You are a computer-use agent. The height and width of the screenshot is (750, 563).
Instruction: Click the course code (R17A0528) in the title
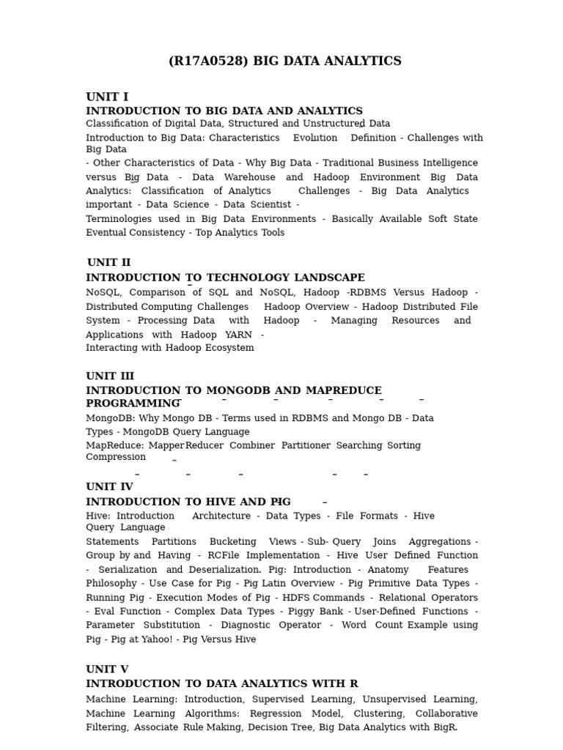tap(208, 62)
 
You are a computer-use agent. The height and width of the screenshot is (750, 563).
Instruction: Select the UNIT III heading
tap(110, 376)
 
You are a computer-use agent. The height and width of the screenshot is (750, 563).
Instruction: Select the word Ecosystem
tap(225, 348)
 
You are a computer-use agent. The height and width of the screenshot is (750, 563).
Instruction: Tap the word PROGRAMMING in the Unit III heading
tap(133, 404)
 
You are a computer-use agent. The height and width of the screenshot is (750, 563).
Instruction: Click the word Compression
tap(116, 457)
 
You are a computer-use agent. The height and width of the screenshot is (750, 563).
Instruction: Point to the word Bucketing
tap(233, 542)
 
